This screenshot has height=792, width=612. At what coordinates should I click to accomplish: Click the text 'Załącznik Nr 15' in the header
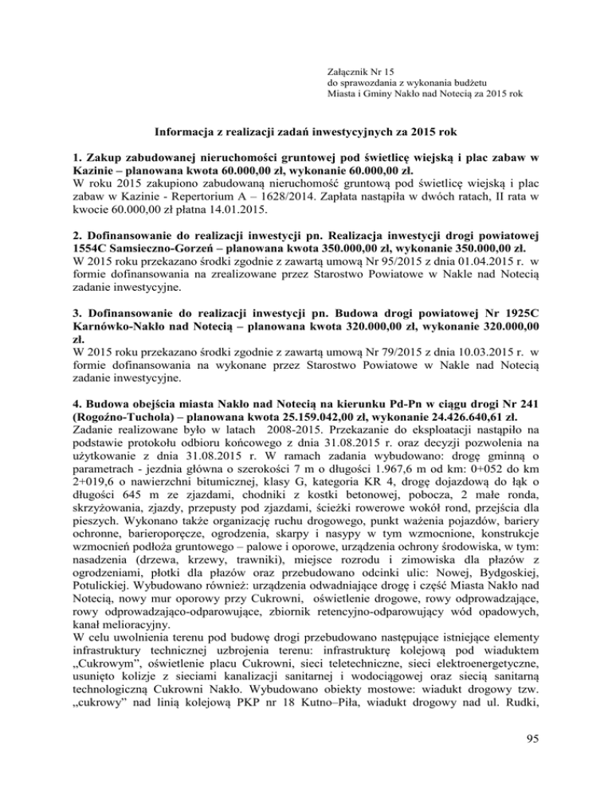click(x=363, y=50)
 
